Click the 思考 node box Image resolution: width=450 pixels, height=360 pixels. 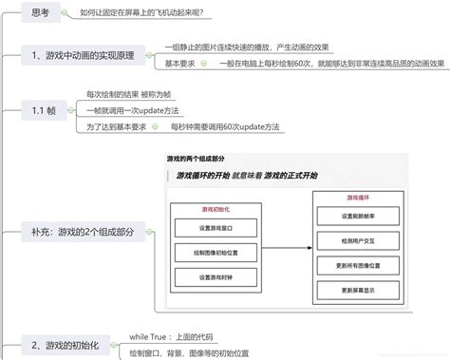coord(41,13)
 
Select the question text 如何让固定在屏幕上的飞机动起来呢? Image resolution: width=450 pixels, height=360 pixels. coord(147,13)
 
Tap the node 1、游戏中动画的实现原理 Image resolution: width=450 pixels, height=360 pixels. coord(81,55)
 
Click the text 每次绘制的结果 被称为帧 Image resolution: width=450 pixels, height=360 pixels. coord(129,95)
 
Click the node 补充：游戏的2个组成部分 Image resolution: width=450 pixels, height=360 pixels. coord(82,231)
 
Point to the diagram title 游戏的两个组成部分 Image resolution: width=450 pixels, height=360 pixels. coord(196,159)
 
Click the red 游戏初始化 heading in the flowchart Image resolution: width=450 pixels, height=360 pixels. coord(216,210)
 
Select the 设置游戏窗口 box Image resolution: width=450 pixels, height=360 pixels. coord(216,228)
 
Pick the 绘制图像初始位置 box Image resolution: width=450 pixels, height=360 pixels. coord(216,253)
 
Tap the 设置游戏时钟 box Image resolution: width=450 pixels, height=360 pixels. coord(216,276)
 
